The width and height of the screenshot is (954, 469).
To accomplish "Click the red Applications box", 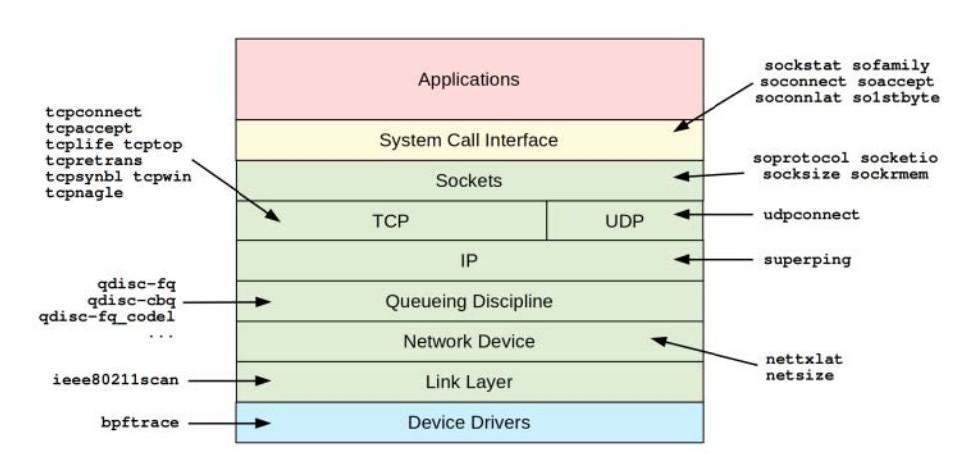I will click(x=468, y=79).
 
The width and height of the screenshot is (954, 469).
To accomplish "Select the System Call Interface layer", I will click(x=468, y=140).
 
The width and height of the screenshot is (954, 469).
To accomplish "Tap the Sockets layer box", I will click(x=468, y=181).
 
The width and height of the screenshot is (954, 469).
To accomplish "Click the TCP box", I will click(x=390, y=221).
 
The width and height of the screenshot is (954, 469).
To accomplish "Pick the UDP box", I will click(x=624, y=221).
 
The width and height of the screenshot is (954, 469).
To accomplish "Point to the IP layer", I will click(x=468, y=260).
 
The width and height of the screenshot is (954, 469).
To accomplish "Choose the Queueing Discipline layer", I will click(x=468, y=300).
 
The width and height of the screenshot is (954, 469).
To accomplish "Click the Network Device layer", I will click(x=468, y=341).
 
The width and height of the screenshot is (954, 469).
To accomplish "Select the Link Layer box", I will click(x=468, y=381).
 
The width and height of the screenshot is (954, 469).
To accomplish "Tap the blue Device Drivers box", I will click(x=468, y=422).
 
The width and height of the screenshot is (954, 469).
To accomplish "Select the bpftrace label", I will click(x=140, y=422).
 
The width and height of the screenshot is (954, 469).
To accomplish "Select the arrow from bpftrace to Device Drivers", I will click(x=231, y=422).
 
